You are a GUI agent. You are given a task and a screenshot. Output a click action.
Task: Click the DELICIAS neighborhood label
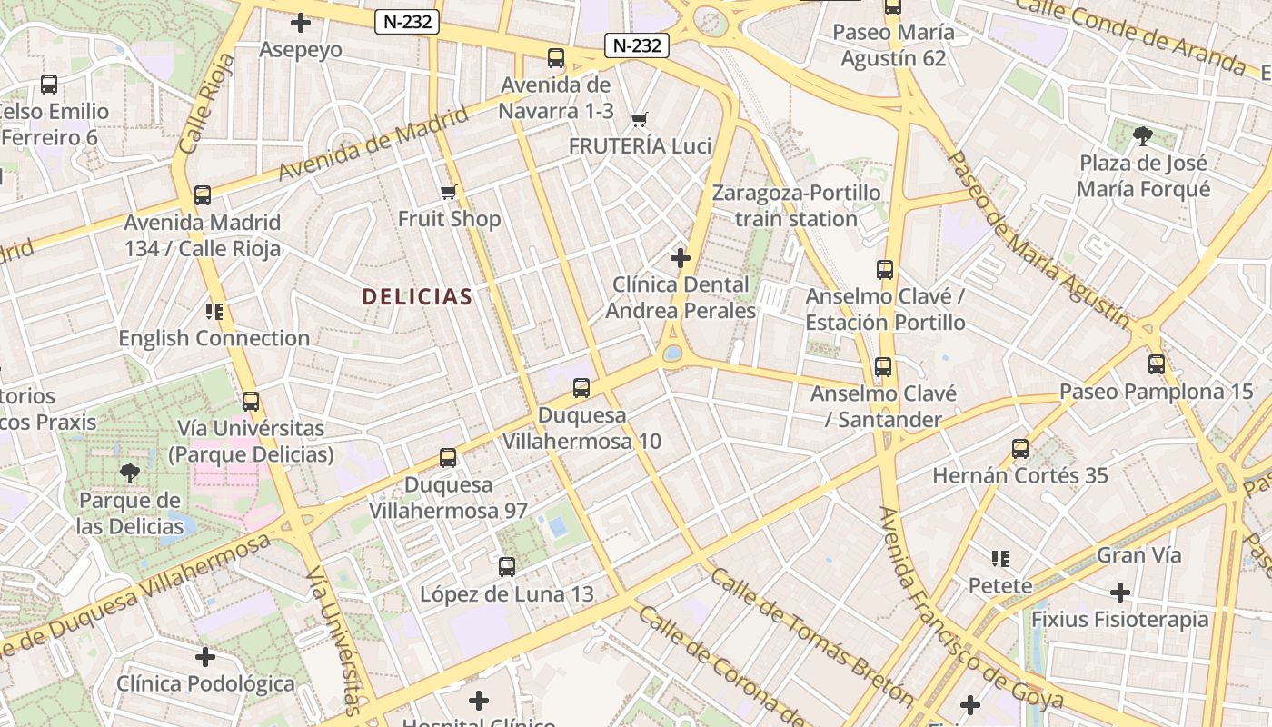pos(417,296)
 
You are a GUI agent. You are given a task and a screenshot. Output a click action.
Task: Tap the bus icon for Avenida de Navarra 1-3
pos(556,58)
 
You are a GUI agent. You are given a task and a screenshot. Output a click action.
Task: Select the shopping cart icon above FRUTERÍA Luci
pos(640,119)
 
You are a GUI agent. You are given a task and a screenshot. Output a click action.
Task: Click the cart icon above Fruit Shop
pos(448,192)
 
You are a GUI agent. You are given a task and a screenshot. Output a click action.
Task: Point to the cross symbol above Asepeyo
pos(301,23)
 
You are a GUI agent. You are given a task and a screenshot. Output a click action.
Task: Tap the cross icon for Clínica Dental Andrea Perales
pos(681,258)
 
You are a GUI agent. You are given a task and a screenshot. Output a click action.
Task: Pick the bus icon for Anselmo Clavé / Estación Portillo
pos(885,270)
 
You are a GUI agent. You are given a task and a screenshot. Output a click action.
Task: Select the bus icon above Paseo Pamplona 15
pos(1157,364)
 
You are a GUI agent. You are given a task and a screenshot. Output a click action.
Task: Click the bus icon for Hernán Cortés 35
pos(1020,449)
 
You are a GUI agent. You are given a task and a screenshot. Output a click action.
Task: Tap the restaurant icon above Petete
pos(1000,558)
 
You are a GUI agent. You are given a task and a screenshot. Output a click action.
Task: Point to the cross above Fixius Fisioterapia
pos(1120,593)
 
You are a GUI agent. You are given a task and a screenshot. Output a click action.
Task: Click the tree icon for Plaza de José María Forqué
pos(1143,136)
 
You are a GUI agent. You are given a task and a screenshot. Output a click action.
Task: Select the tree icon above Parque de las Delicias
pos(130,473)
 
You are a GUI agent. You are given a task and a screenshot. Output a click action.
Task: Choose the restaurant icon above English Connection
pos(214,312)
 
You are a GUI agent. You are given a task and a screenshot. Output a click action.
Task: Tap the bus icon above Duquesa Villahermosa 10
pos(581,388)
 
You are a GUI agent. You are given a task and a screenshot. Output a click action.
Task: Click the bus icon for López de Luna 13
pos(507,567)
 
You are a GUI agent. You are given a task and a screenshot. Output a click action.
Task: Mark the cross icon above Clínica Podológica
pos(206,656)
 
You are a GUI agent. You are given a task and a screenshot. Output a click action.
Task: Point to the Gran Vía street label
pos(1139,554)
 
